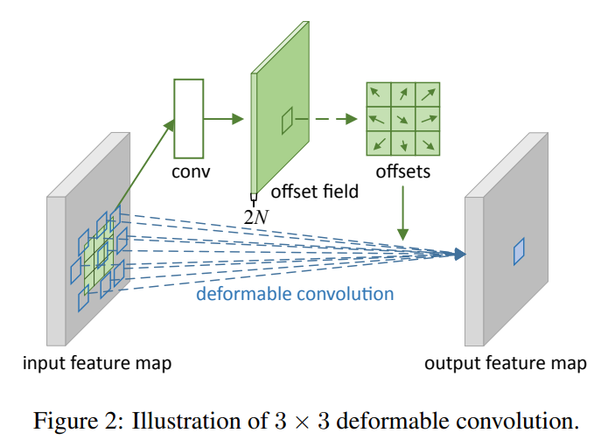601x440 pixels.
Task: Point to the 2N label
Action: tap(255, 216)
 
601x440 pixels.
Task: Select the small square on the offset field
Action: tap(287, 122)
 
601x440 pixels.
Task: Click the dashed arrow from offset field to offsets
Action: tap(333, 119)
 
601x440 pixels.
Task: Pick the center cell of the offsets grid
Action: tap(402, 119)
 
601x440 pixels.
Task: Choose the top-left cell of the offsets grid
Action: tap(378, 94)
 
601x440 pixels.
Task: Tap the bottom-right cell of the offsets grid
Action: tap(427, 143)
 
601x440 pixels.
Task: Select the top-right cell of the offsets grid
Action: tap(427, 94)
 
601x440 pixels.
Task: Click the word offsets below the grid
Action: tap(402, 171)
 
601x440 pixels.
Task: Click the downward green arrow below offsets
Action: tap(402, 214)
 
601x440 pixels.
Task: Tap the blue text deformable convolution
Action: tap(295, 293)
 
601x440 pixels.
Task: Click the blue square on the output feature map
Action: tap(519, 252)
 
